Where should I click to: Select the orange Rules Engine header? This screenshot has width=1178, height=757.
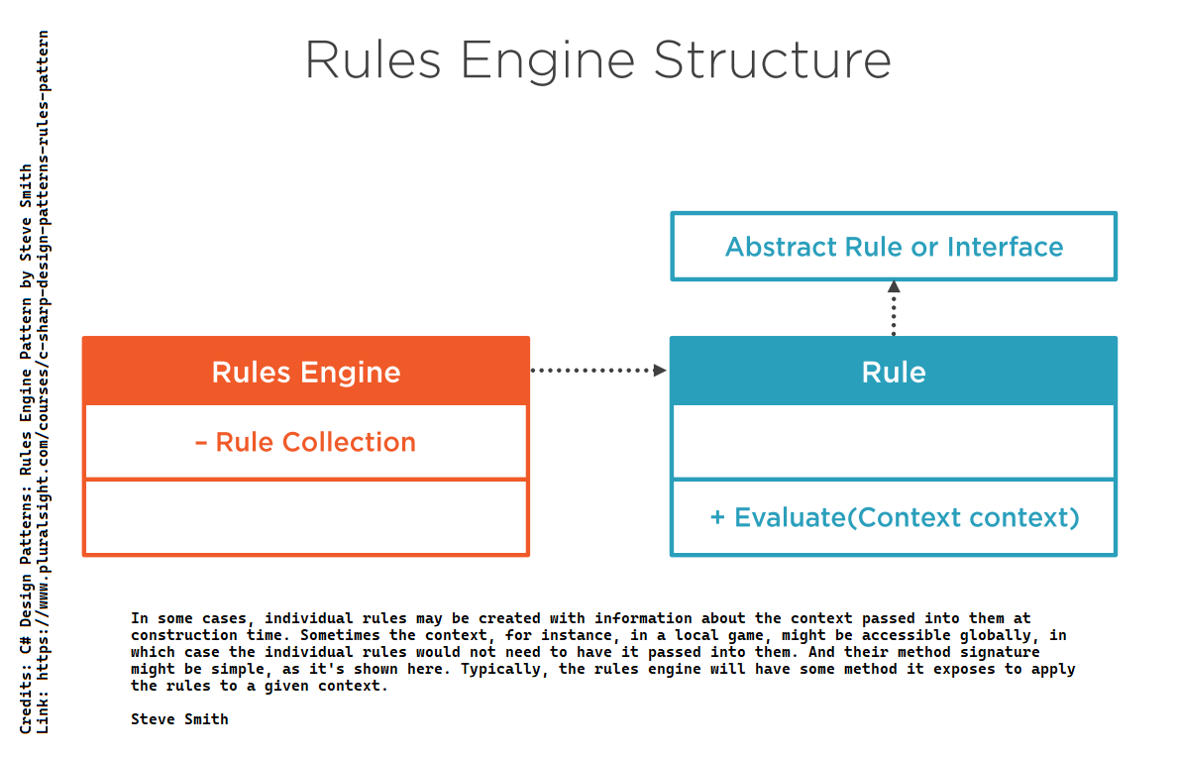point(305,372)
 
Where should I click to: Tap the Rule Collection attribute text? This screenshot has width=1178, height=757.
point(315,442)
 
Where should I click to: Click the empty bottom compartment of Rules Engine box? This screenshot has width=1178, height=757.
point(305,517)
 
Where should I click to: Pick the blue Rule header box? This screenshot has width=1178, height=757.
point(894,372)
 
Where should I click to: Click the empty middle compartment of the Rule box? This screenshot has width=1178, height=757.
point(894,442)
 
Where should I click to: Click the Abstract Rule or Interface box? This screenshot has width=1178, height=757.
point(894,247)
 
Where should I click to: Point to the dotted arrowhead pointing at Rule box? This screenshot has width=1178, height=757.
point(659,370)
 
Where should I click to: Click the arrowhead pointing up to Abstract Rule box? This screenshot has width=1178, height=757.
point(894,287)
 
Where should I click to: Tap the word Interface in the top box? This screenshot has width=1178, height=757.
point(1005,247)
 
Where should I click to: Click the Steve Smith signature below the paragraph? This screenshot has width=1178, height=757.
point(179,719)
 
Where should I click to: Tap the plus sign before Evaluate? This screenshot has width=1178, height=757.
point(718,517)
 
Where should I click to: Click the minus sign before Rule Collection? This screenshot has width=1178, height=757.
point(201,443)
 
